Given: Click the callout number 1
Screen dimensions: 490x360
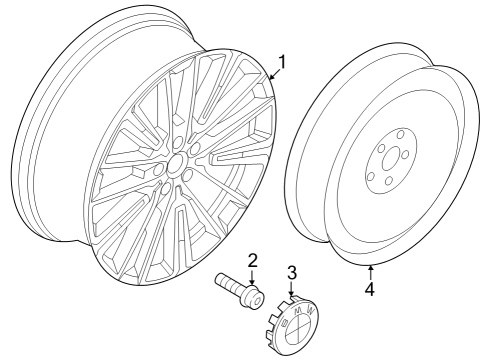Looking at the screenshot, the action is (282, 62).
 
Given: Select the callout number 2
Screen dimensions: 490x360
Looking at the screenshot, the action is (252, 261).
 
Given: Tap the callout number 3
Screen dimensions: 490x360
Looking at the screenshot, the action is (292, 272).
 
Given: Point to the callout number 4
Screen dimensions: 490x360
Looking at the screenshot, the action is (370, 288).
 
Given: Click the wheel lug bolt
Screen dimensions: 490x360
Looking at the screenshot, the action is (240, 289).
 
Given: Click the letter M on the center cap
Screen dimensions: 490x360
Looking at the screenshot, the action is (299, 310).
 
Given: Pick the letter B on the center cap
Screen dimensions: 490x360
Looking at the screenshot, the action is (285, 323).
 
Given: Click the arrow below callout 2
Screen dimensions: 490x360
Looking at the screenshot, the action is (252, 277).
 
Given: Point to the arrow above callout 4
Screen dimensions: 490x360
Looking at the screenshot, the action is (370, 272).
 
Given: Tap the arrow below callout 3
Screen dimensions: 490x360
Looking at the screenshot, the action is (292, 288).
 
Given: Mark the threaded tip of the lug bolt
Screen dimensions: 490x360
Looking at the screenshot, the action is (220, 279).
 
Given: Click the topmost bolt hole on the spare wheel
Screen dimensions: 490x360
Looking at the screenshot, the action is (401, 134).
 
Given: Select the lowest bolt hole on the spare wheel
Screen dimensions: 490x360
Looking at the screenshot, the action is (389, 181).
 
